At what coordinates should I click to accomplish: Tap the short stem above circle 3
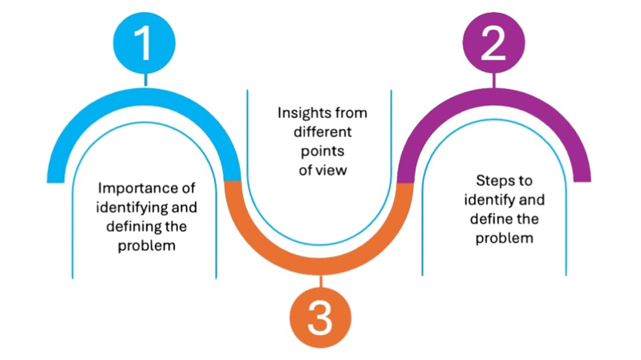pos(319,281)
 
